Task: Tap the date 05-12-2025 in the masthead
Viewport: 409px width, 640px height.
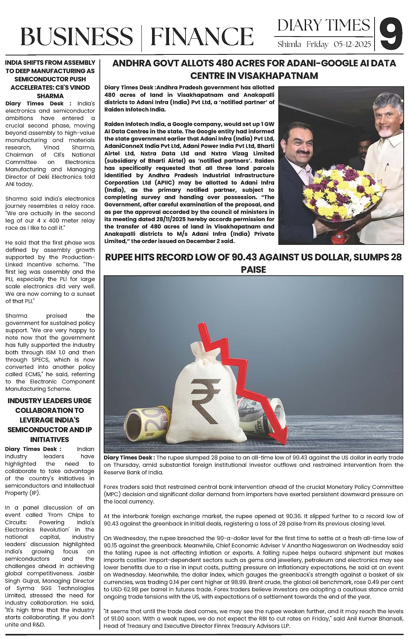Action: pyautogui.click(x=352, y=45)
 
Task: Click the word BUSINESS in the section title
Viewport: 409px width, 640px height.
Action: pyautogui.click(x=76, y=37)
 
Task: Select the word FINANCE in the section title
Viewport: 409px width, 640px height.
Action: pyautogui.click(x=202, y=37)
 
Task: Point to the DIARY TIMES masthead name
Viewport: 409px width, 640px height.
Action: pyautogui.click(x=323, y=25)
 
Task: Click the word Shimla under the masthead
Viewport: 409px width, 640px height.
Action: pyautogui.click(x=289, y=45)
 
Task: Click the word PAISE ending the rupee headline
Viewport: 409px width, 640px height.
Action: pyautogui.click(x=253, y=269)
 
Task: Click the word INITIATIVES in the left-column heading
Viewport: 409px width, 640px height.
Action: pyautogui.click(x=50, y=439)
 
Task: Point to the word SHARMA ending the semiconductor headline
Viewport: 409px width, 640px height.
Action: pyautogui.click(x=50, y=96)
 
